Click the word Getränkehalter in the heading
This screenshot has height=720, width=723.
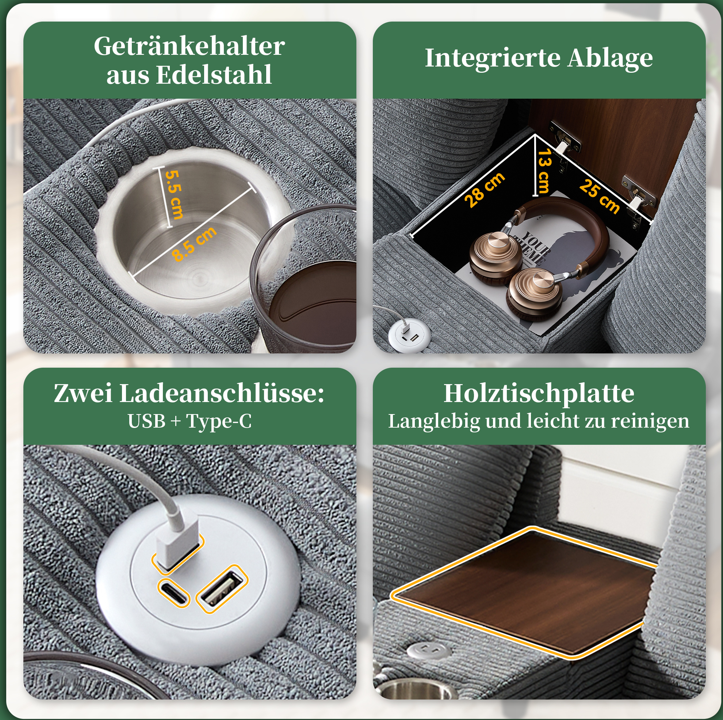tap(190, 46)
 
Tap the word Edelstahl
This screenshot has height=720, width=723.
tap(214, 75)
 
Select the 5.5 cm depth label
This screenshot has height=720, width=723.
tap(174, 194)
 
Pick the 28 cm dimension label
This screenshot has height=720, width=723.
tap(485, 190)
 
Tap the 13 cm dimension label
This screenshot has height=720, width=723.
tap(544, 171)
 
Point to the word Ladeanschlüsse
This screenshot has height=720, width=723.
tap(222, 394)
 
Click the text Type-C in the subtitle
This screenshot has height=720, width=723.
tap(219, 421)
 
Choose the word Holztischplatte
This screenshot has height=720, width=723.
tap(539, 394)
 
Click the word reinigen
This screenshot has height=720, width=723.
tap(650, 421)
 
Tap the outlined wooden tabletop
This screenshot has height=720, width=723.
tap(524, 592)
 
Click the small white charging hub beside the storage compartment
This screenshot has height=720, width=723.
tap(409, 335)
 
